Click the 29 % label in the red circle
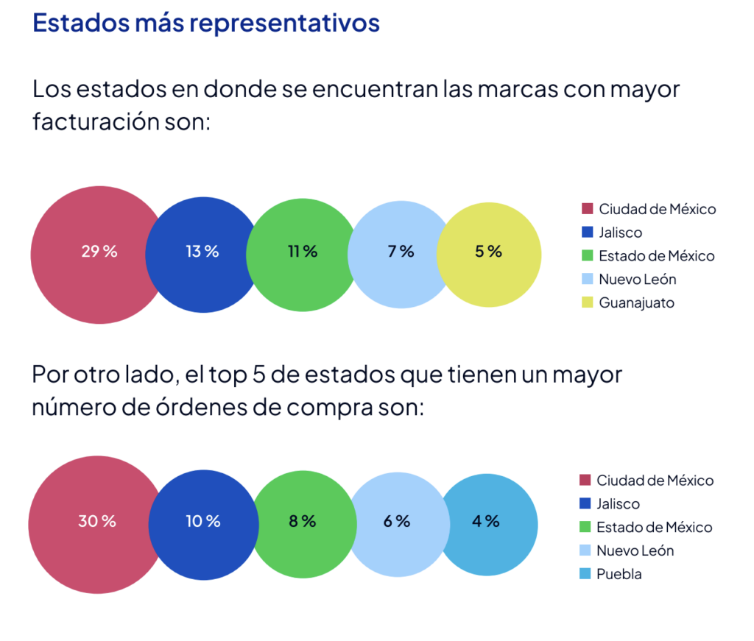[99, 251]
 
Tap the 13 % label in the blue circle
[202, 251]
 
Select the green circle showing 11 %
[302, 252]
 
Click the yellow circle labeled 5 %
[489, 252]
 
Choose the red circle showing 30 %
[96, 522]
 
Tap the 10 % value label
[203, 522]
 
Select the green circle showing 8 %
[302, 522]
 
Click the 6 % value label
[397, 522]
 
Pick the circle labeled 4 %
[487, 522]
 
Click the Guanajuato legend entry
[636, 302]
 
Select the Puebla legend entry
[619, 574]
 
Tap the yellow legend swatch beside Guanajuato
[587, 302]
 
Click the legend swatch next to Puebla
[585, 574]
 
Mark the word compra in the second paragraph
[342, 407]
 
